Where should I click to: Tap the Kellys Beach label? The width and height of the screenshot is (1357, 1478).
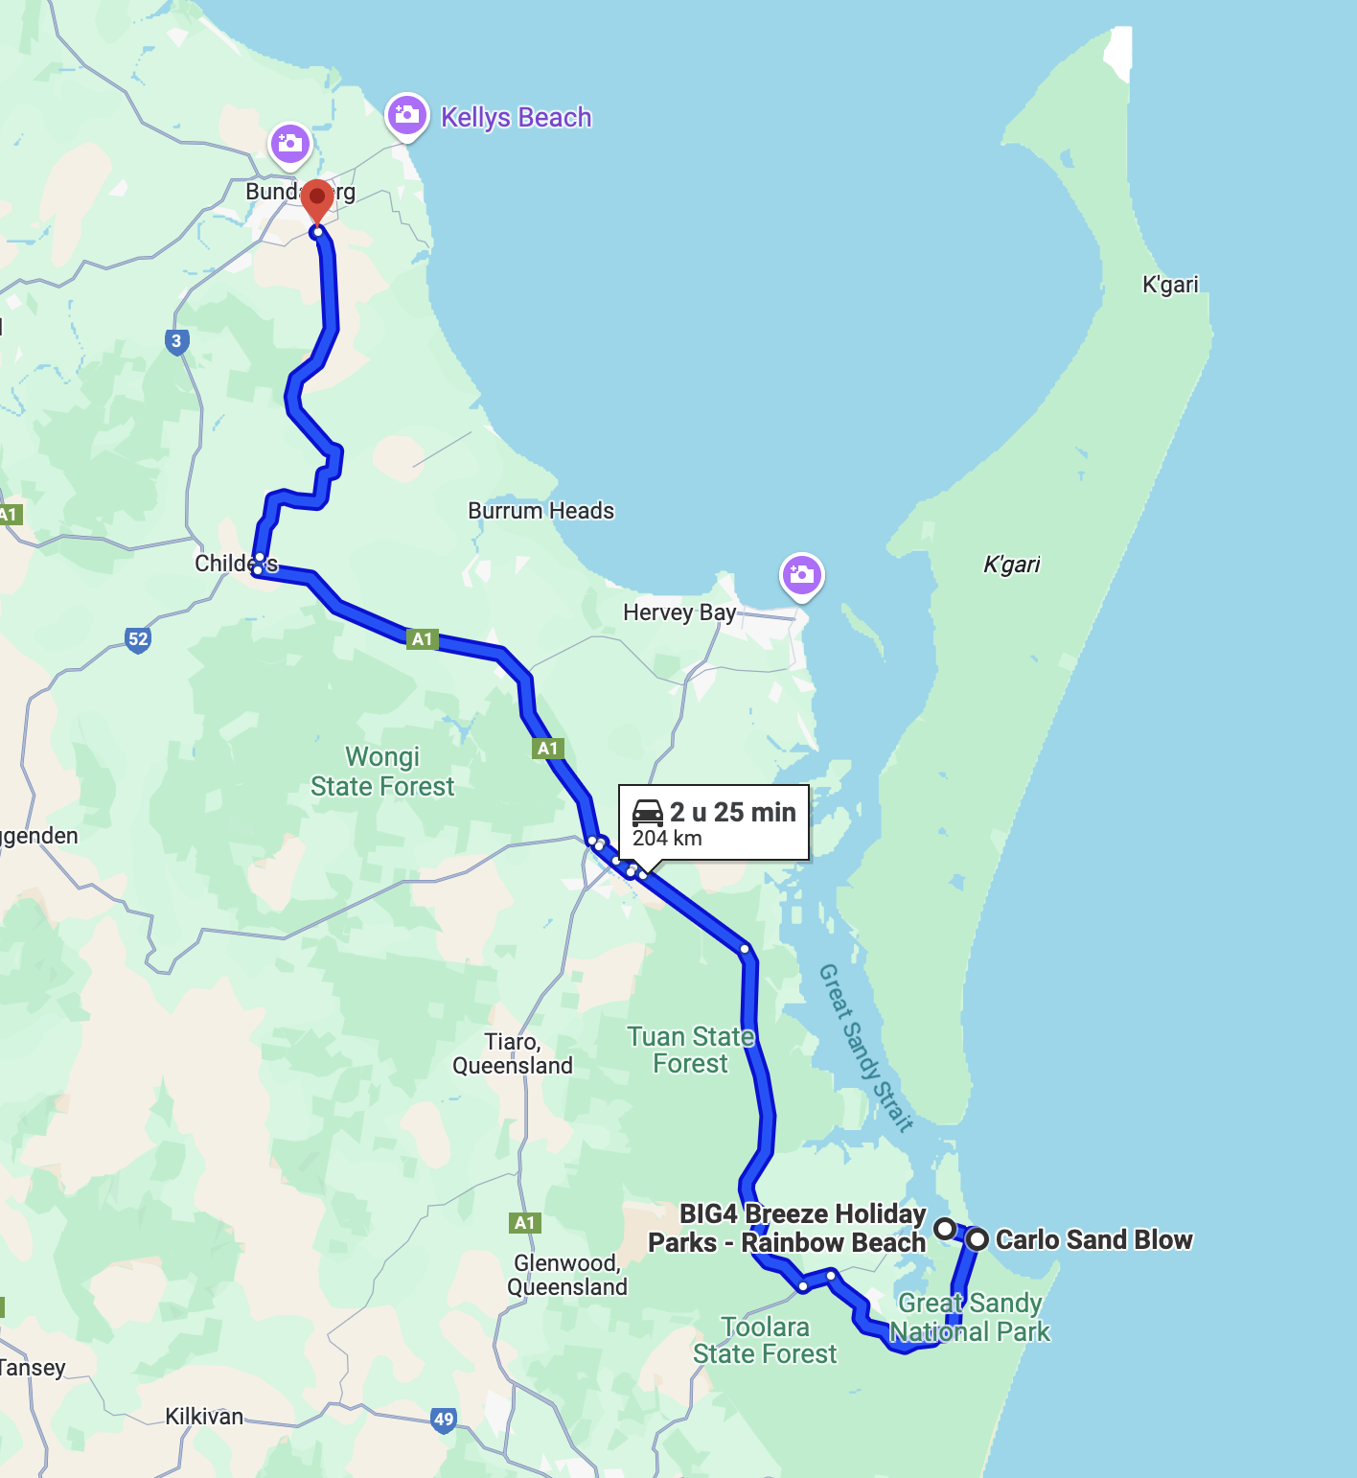516,118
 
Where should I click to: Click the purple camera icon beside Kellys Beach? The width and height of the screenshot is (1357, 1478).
406,115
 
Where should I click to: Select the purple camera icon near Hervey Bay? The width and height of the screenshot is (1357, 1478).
802,575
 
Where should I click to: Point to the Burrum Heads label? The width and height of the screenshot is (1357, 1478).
540,511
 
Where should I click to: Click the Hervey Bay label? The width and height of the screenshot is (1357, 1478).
678,612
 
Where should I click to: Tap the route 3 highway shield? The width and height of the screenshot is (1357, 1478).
176,341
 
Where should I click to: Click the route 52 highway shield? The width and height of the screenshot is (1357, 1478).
138,639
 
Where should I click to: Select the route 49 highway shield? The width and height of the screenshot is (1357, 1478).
443,1420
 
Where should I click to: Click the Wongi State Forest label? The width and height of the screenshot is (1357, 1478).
382,772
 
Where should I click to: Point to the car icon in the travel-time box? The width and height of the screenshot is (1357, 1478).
648,812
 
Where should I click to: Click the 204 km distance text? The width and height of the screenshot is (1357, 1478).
667,839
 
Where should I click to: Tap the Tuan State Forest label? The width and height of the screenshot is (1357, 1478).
690,1050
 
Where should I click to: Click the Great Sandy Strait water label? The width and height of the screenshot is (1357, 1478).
864,1047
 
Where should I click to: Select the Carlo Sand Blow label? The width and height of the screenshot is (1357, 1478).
1093,1239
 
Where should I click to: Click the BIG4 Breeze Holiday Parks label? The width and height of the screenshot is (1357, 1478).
788,1228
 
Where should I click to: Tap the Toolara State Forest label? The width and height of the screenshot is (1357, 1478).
765,1340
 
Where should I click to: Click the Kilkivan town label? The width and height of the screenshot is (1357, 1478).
204,1417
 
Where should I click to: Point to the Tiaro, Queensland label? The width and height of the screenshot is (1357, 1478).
513,1053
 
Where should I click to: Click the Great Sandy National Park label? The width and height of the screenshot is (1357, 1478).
970,1317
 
